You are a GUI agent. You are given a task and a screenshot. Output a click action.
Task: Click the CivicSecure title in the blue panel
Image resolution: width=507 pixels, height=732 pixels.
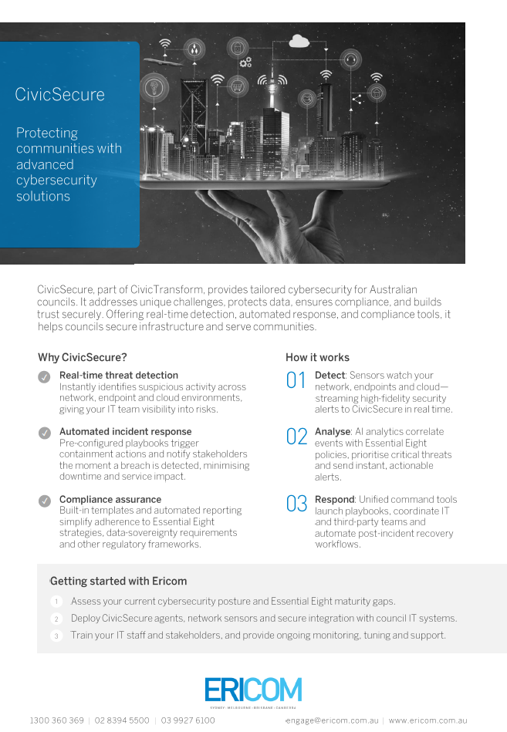pyautogui.click(x=59, y=95)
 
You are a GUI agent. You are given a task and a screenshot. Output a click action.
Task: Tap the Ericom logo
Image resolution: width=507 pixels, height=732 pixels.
pyautogui.click(x=253, y=690)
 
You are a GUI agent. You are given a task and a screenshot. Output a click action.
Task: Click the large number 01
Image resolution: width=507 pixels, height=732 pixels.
pyautogui.click(x=296, y=380)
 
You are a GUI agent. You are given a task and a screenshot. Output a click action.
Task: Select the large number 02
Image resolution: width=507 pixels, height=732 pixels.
pyautogui.click(x=296, y=437)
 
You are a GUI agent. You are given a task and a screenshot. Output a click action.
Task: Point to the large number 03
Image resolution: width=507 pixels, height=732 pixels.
pyautogui.click(x=296, y=504)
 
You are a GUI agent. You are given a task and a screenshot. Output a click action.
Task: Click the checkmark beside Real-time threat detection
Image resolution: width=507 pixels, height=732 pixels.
pyautogui.click(x=44, y=376)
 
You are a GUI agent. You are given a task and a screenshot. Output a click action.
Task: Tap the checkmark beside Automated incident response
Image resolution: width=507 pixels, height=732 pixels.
pyautogui.click(x=44, y=433)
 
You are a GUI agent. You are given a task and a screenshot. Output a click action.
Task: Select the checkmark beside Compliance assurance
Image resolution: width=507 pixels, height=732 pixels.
pyautogui.click(x=44, y=501)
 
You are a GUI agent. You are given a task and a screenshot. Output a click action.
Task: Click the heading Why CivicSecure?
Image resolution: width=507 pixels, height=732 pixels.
pyautogui.click(x=83, y=357)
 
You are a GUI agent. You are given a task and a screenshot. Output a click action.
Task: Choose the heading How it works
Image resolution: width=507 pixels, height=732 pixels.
pyautogui.click(x=317, y=357)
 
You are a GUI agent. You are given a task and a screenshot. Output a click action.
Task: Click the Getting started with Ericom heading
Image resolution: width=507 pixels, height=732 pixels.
pyautogui.click(x=118, y=581)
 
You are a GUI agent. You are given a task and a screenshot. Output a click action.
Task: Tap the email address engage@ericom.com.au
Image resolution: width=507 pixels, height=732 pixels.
pyautogui.click(x=333, y=720)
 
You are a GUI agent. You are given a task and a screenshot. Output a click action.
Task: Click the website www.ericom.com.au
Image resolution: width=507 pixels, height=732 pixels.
pyautogui.click(x=428, y=720)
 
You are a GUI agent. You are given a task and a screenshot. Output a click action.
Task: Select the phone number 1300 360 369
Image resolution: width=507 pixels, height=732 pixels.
pyautogui.click(x=56, y=720)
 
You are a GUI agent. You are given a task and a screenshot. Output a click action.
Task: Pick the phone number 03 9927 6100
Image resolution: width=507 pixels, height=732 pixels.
pyautogui.click(x=188, y=720)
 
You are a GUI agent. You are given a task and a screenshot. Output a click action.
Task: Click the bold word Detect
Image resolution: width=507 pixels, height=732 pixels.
pyautogui.click(x=330, y=376)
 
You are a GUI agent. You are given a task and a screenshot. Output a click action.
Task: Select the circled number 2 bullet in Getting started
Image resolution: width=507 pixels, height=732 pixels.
pyautogui.click(x=56, y=619)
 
